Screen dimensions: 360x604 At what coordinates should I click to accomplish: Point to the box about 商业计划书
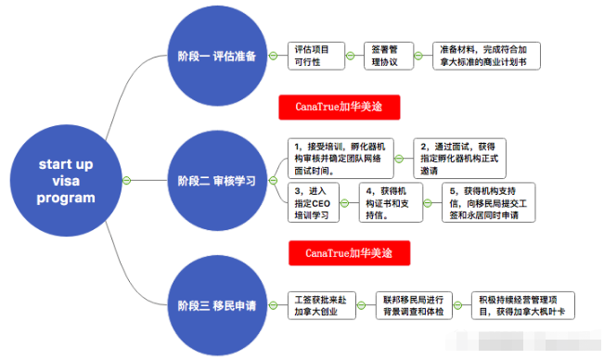click(x=486, y=55)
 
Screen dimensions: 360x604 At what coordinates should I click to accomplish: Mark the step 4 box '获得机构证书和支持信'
click(x=391, y=202)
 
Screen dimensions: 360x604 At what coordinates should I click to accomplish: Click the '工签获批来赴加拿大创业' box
click(x=321, y=306)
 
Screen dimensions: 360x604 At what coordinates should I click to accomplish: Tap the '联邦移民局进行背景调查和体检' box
click(x=415, y=306)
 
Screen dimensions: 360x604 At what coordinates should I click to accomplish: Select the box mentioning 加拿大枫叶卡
click(x=523, y=306)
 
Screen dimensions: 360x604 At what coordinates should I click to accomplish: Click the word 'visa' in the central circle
click(x=66, y=181)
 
